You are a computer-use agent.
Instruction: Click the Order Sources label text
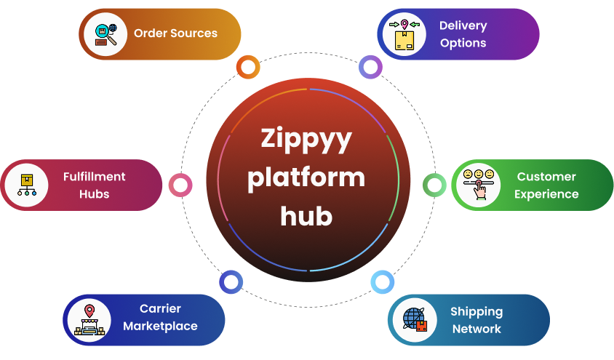point(175,33)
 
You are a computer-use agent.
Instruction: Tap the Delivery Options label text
point(463,34)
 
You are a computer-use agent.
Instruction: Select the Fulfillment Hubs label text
point(95,185)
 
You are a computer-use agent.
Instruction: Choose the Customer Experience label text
point(546,185)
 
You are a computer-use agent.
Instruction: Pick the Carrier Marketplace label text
point(160,317)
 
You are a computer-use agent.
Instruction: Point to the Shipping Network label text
point(477,320)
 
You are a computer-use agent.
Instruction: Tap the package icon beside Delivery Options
point(404,34)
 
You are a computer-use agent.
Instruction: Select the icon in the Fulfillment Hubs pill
point(27,185)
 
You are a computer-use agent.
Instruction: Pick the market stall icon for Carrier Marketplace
point(89,321)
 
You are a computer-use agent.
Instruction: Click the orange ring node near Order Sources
point(248,68)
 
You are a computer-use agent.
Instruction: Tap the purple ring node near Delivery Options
point(371,68)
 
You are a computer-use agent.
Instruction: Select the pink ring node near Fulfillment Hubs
point(180,185)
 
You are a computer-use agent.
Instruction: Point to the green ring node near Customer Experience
point(434,185)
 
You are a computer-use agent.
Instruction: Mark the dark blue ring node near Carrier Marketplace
point(231,282)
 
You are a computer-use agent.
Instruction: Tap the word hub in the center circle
point(306,215)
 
